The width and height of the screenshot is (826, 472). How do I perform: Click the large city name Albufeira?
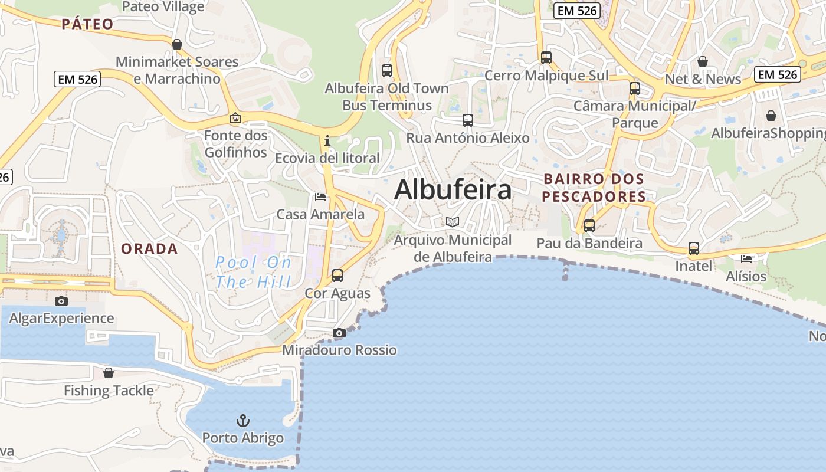pos(453,190)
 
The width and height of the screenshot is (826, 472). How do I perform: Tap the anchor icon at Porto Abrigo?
pos(243,421)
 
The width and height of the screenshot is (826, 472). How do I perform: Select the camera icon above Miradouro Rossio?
pos(339,333)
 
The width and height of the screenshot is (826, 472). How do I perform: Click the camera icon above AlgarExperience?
pos(61,301)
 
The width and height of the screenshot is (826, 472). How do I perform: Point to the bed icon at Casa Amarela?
pos(320,196)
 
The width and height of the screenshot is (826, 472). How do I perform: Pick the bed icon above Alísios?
pos(746,258)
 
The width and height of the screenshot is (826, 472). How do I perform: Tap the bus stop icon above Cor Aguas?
pos(337,276)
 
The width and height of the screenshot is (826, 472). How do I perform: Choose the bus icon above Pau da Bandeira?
pos(589,225)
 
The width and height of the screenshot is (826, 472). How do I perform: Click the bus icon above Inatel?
pos(694,248)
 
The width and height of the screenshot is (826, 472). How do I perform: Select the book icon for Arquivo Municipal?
pos(453,222)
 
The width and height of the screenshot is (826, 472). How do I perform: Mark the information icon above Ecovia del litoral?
pos(327,141)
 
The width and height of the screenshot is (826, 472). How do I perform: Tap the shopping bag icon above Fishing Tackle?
pos(109,373)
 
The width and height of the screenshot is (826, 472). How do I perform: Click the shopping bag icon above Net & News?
pos(702,61)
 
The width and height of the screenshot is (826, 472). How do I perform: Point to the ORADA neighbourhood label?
pos(149,249)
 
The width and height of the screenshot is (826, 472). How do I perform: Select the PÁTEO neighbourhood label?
pos(87,24)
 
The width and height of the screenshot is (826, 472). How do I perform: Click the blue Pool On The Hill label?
pos(253,271)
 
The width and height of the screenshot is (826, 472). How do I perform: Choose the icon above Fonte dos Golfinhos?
pos(235,119)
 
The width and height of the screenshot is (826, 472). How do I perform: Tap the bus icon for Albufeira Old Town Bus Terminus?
pos(387,71)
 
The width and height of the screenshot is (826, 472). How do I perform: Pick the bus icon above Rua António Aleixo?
pos(468,120)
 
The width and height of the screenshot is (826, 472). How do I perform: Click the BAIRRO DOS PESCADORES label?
pos(594,188)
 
